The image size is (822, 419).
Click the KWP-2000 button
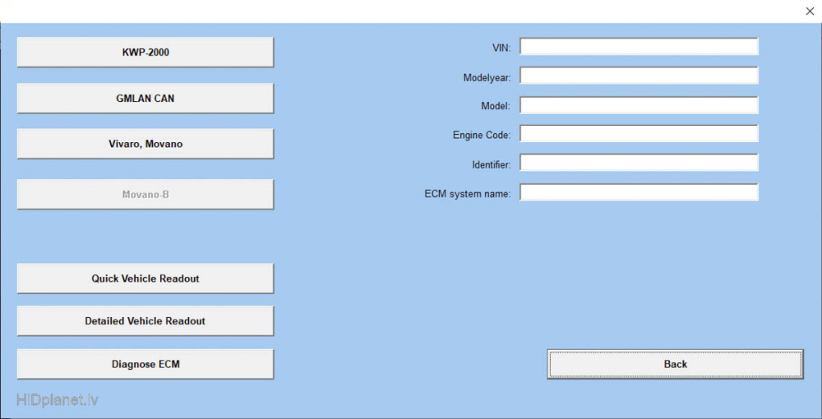[145, 52]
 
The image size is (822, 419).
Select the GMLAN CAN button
[145, 98]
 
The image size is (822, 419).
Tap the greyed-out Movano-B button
[145, 195]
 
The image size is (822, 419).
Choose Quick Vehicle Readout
[145, 279]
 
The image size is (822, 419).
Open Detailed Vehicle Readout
[145, 320]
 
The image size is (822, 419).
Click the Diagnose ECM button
[145, 364]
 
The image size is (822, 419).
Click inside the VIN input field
[639, 46]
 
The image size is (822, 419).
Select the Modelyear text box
[639, 76]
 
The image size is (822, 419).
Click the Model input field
[639, 105]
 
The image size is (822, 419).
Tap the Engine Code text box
[639, 133]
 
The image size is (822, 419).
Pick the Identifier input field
[639, 163]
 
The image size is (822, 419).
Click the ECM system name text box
[639, 191]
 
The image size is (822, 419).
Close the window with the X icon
[810, 11]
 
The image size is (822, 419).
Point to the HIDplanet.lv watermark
[58, 401]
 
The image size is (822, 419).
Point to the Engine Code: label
[482, 135]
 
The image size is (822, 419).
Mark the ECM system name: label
[468, 194]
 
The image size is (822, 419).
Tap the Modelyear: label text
[487, 78]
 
